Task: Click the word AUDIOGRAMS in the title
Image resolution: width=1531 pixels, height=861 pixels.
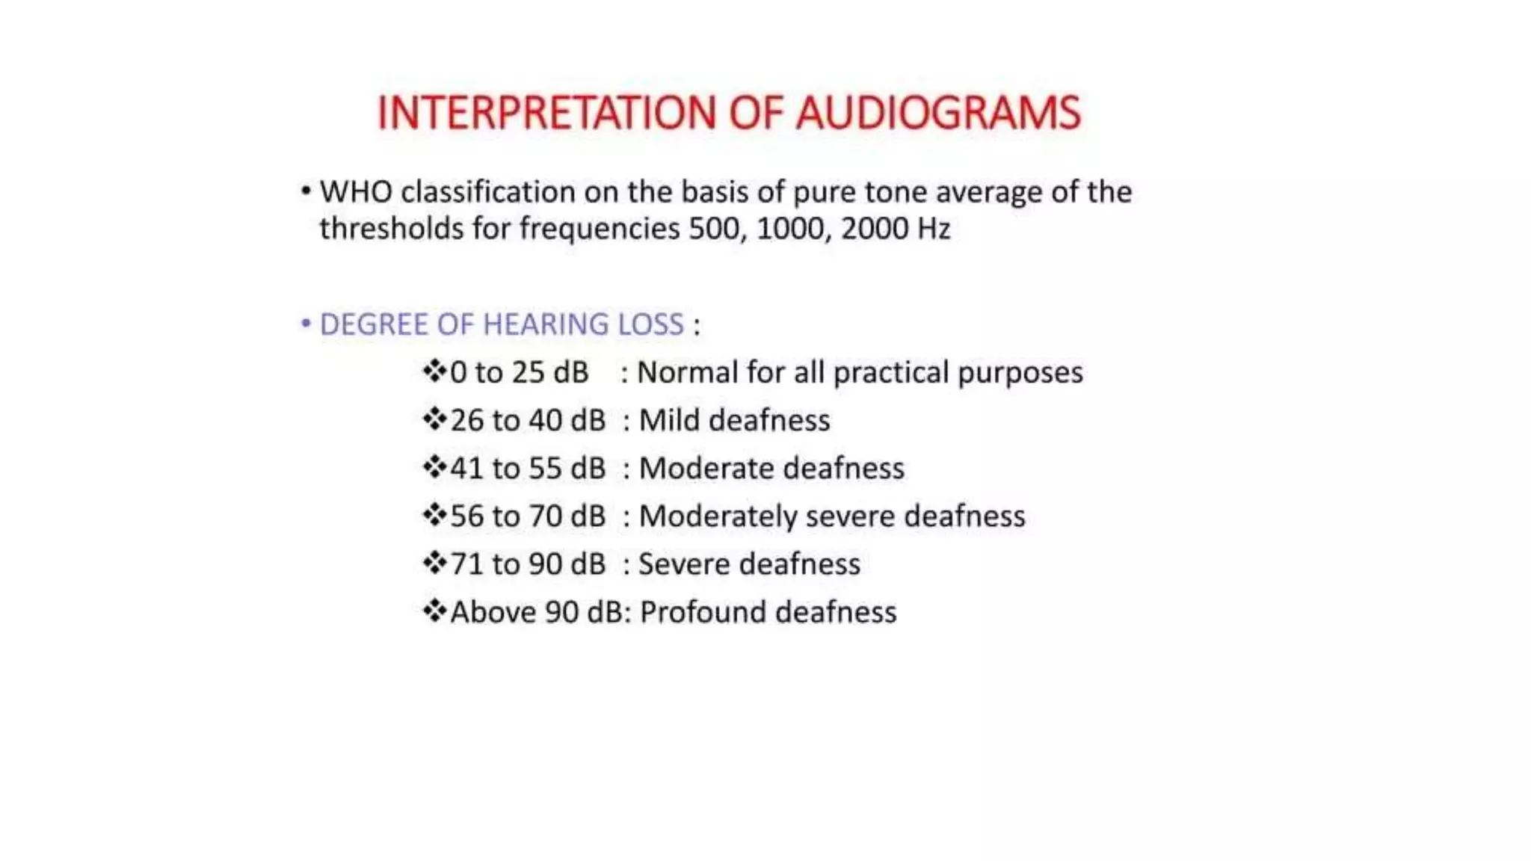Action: click(938, 114)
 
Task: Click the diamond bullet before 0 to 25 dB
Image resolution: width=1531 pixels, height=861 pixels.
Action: click(434, 371)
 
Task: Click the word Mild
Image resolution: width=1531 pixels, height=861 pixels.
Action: click(669, 420)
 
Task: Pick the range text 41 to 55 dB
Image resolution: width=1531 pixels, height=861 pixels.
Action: click(527, 469)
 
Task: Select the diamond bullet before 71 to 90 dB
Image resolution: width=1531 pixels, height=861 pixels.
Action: click(434, 563)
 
